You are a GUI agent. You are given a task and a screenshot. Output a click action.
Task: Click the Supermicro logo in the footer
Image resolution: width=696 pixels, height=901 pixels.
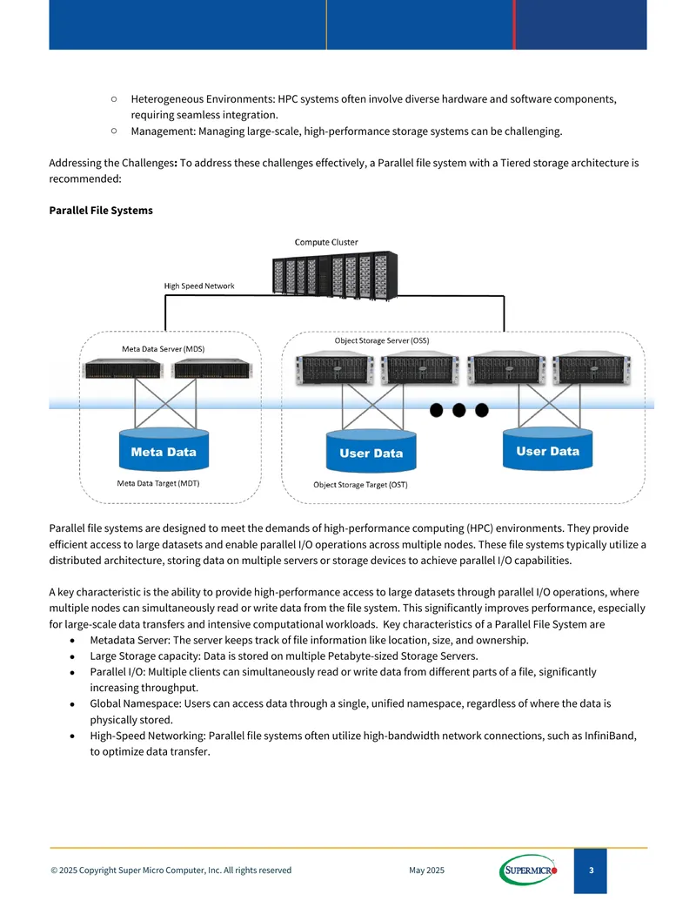528,870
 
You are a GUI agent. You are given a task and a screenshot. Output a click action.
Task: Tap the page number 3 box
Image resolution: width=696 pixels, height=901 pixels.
591,871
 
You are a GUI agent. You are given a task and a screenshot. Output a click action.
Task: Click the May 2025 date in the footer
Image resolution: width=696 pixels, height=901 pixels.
426,870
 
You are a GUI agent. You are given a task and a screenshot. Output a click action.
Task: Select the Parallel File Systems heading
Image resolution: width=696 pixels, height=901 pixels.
101,211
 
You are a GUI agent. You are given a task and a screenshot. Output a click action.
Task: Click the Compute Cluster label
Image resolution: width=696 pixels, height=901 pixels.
326,242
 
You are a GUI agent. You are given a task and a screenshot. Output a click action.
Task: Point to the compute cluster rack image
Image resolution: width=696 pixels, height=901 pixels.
335,275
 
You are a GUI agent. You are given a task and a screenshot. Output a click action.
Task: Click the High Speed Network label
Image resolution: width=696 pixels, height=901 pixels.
199,286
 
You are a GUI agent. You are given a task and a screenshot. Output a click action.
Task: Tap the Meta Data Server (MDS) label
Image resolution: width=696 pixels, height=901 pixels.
163,349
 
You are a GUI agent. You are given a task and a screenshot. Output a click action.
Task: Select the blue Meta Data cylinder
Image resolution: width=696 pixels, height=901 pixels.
164,449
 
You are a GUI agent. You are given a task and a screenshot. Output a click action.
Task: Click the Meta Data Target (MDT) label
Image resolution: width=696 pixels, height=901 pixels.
158,483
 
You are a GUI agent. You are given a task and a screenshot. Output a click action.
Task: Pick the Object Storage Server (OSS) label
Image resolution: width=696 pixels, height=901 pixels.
382,340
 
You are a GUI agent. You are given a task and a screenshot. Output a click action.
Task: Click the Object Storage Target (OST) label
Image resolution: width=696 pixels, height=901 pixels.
361,484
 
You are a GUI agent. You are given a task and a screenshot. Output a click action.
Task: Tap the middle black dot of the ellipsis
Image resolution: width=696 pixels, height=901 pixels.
458,410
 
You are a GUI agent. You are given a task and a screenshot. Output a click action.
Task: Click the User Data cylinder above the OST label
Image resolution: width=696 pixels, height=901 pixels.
371,451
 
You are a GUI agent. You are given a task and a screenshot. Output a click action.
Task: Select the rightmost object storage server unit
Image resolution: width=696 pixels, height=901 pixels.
592,367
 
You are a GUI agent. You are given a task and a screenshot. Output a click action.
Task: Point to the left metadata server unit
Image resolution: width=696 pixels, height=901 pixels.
123,368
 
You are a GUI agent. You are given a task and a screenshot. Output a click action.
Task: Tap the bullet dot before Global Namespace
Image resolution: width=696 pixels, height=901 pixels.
72,704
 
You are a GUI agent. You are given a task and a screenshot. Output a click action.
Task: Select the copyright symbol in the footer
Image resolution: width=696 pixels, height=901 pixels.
54,870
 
